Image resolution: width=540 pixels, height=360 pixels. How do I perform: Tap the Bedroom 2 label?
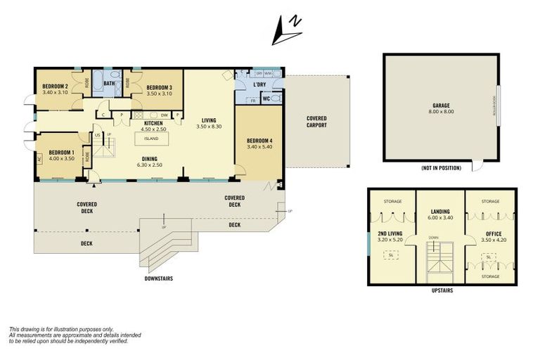[54, 86]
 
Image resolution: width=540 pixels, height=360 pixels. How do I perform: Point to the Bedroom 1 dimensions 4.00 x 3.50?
[61, 158]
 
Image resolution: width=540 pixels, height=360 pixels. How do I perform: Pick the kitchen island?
[151, 139]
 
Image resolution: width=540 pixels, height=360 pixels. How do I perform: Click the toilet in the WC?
[275, 99]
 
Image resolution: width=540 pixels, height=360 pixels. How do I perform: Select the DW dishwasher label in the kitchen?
[163, 115]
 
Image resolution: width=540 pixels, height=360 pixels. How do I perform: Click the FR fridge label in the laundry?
[253, 101]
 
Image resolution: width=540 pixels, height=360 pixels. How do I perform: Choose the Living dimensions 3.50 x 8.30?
[209, 126]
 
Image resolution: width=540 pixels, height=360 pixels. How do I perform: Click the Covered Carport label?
[316, 122]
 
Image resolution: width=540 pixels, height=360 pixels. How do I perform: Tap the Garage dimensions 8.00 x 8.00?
[442, 112]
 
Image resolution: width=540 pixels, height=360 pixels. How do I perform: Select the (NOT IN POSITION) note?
[441, 169]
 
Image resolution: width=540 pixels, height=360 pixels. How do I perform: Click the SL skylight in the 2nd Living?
[387, 255]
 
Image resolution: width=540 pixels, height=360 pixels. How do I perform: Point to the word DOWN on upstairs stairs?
[434, 238]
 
